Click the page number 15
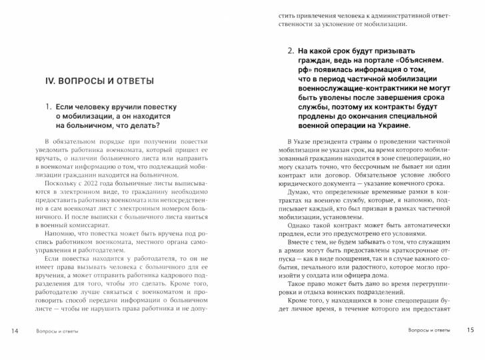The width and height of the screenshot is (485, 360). pos(470,331)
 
